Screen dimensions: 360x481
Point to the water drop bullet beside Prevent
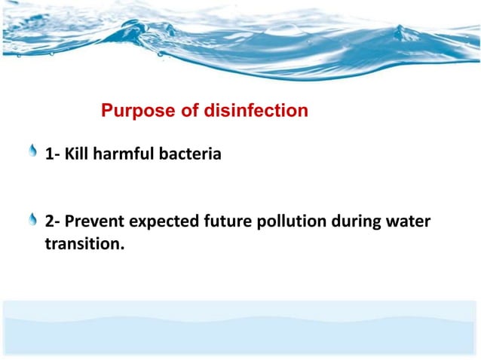tap(32, 220)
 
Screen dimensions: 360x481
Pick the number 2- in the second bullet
tap(53, 222)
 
